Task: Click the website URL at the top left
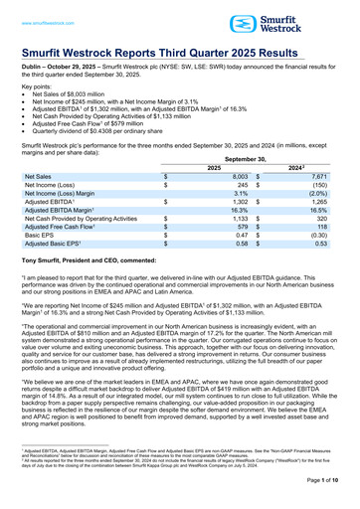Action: [x=46, y=9]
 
